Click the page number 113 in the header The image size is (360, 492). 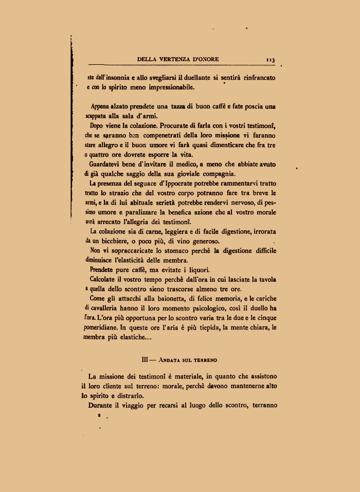pyautogui.click(x=271, y=60)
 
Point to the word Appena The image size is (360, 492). pyautogui.click(x=102, y=107)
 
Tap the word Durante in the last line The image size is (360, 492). pyautogui.click(x=103, y=406)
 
